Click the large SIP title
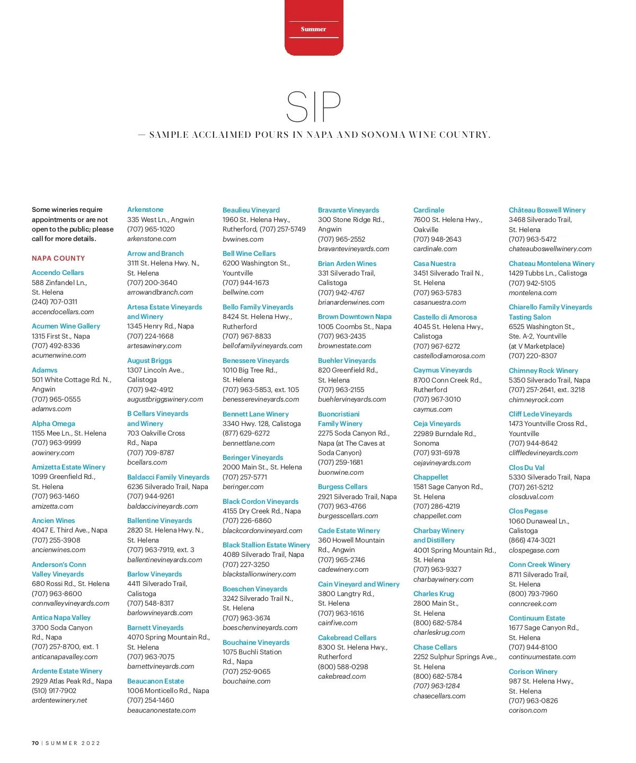(x=313, y=107)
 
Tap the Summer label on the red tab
(x=313, y=29)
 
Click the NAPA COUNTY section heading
(x=58, y=259)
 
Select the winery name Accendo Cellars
(x=58, y=272)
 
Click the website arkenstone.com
(x=152, y=239)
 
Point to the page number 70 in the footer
(x=35, y=743)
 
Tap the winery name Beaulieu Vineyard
(x=251, y=210)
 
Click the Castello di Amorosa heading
(x=445, y=317)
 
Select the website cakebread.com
(x=342, y=676)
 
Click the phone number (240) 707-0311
(x=55, y=302)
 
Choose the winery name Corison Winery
(x=533, y=671)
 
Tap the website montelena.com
(x=533, y=292)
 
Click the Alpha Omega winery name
(x=54, y=423)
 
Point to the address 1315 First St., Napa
(x=61, y=336)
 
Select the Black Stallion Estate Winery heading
(x=266, y=545)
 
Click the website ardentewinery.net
(x=59, y=700)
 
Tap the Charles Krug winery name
(x=434, y=593)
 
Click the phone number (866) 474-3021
(x=532, y=540)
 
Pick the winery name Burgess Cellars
(x=342, y=486)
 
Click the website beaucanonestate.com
(x=161, y=710)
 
